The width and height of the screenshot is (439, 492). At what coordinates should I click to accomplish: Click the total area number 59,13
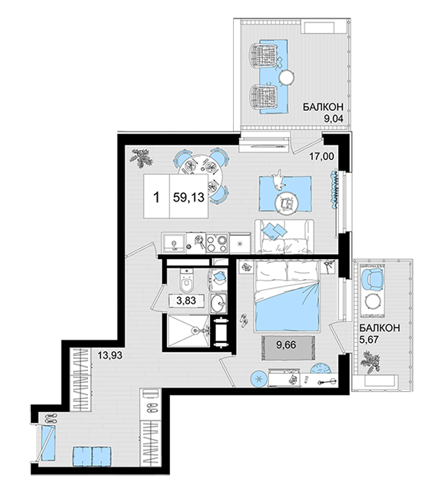[188, 198]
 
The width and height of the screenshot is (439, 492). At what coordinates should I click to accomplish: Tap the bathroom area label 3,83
[186, 301]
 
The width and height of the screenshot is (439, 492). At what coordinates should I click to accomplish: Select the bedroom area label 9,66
[286, 345]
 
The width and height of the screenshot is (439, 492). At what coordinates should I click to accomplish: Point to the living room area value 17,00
[321, 156]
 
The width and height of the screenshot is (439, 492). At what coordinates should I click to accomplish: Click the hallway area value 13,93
[109, 355]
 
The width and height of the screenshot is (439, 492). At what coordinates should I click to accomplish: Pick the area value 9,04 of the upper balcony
[334, 118]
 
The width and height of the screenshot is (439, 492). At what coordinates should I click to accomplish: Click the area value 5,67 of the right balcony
[369, 339]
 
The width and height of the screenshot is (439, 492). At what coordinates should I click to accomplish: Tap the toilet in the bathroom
[186, 280]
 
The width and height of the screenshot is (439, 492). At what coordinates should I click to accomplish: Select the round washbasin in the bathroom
[218, 303]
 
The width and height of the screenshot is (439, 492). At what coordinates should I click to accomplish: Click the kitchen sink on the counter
[174, 242]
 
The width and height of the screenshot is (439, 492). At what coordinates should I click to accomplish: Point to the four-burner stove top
[217, 244]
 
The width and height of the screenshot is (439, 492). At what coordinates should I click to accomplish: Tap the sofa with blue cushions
[284, 236]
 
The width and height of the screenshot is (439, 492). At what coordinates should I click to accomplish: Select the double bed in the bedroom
[288, 296]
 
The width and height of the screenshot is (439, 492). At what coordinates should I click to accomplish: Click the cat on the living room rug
[278, 180]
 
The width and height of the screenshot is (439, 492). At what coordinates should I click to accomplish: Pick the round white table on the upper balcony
[286, 77]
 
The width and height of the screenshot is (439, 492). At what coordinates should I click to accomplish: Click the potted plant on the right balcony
[371, 364]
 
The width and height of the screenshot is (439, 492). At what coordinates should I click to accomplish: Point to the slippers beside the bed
[244, 321]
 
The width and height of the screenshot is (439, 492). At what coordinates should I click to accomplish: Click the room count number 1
[156, 198]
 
